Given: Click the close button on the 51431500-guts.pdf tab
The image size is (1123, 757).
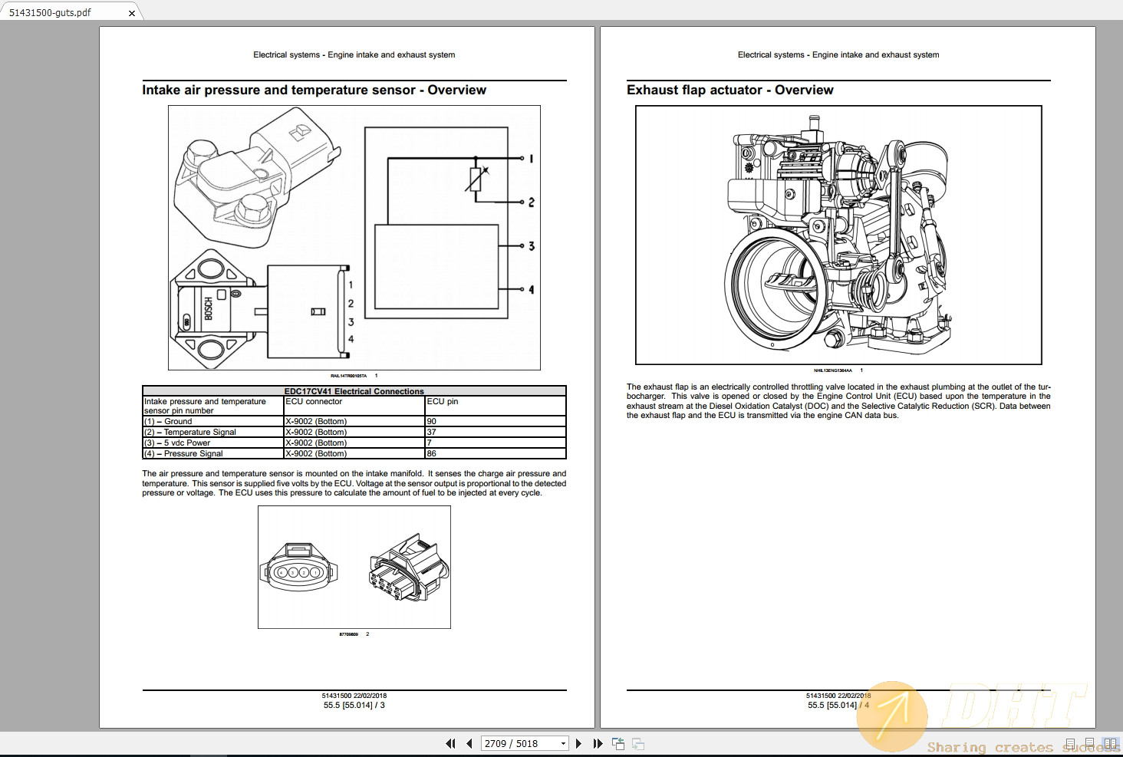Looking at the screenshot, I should click(132, 13).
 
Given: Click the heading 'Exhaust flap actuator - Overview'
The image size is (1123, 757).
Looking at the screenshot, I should click(729, 90).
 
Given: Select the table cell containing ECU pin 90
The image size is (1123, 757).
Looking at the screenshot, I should click(495, 421).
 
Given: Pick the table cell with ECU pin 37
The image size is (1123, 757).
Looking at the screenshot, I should click(495, 432).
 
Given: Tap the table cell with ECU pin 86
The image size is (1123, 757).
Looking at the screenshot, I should click(495, 453).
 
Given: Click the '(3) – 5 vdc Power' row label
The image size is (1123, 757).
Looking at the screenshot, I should click(177, 443).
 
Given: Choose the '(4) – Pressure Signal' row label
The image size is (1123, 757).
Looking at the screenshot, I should click(183, 453).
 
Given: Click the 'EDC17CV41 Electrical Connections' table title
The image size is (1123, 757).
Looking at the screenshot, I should click(354, 391).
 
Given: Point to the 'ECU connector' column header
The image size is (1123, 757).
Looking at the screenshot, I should click(314, 401).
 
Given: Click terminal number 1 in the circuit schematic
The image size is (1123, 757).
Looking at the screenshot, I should click(531, 159).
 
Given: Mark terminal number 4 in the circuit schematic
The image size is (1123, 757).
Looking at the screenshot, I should click(531, 290).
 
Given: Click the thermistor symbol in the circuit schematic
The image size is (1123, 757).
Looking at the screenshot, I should click(476, 179).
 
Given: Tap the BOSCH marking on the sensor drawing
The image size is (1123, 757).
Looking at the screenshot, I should click(209, 309).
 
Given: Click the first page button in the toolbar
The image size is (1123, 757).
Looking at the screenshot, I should click(450, 743).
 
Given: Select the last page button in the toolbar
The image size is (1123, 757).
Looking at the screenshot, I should click(598, 743).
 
